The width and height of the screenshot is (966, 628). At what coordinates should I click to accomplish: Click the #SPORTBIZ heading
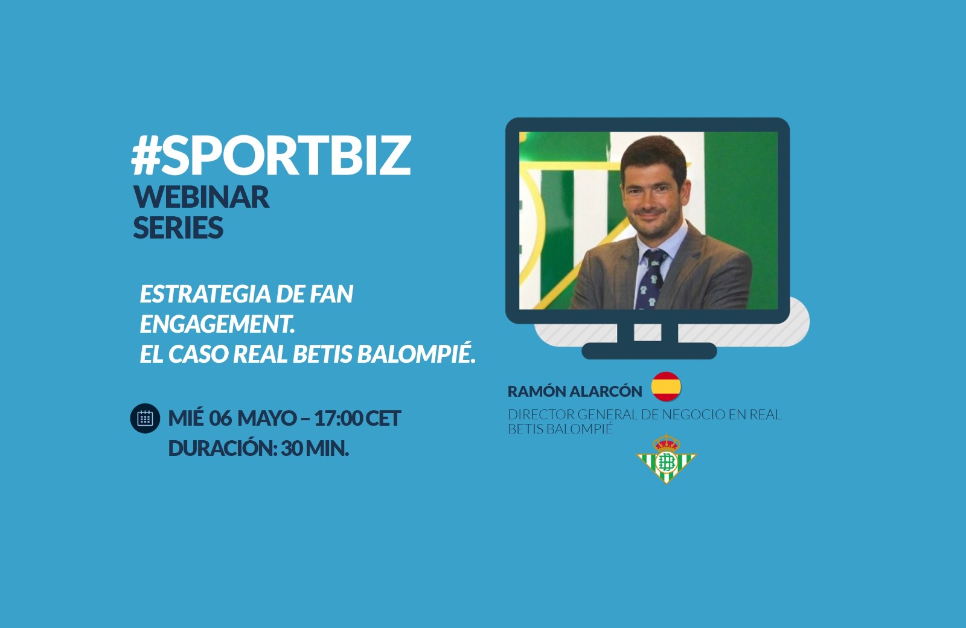pyautogui.click(x=271, y=156)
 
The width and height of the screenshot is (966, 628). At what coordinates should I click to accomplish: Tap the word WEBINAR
pyautogui.click(x=202, y=197)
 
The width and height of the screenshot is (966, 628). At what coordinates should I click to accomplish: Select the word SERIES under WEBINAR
pyautogui.click(x=178, y=227)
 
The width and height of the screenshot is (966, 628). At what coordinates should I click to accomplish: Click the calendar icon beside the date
pyautogui.click(x=145, y=418)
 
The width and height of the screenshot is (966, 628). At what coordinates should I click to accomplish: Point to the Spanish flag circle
pyautogui.click(x=667, y=386)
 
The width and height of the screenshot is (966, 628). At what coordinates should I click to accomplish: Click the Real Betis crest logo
pyautogui.click(x=667, y=459)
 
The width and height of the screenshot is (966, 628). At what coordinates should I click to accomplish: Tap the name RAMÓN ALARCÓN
pyautogui.click(x=575, y=391)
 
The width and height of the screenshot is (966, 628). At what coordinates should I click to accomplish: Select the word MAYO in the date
pyautogui.click(x=267, y=418)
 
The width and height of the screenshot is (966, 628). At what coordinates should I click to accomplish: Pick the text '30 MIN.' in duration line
pyautogui.click(x=315, y=449)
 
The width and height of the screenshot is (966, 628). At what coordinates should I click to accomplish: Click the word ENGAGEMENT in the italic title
pyautogui.click(x=217, y=324)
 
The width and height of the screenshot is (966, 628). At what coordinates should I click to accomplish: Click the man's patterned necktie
pyautogui.click(x=652, y=278)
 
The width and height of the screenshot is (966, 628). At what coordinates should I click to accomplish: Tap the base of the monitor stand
pyautogui.click(x=649, y=351)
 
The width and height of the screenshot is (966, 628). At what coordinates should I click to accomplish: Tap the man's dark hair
pyautogui.click(x=653, y=155)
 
